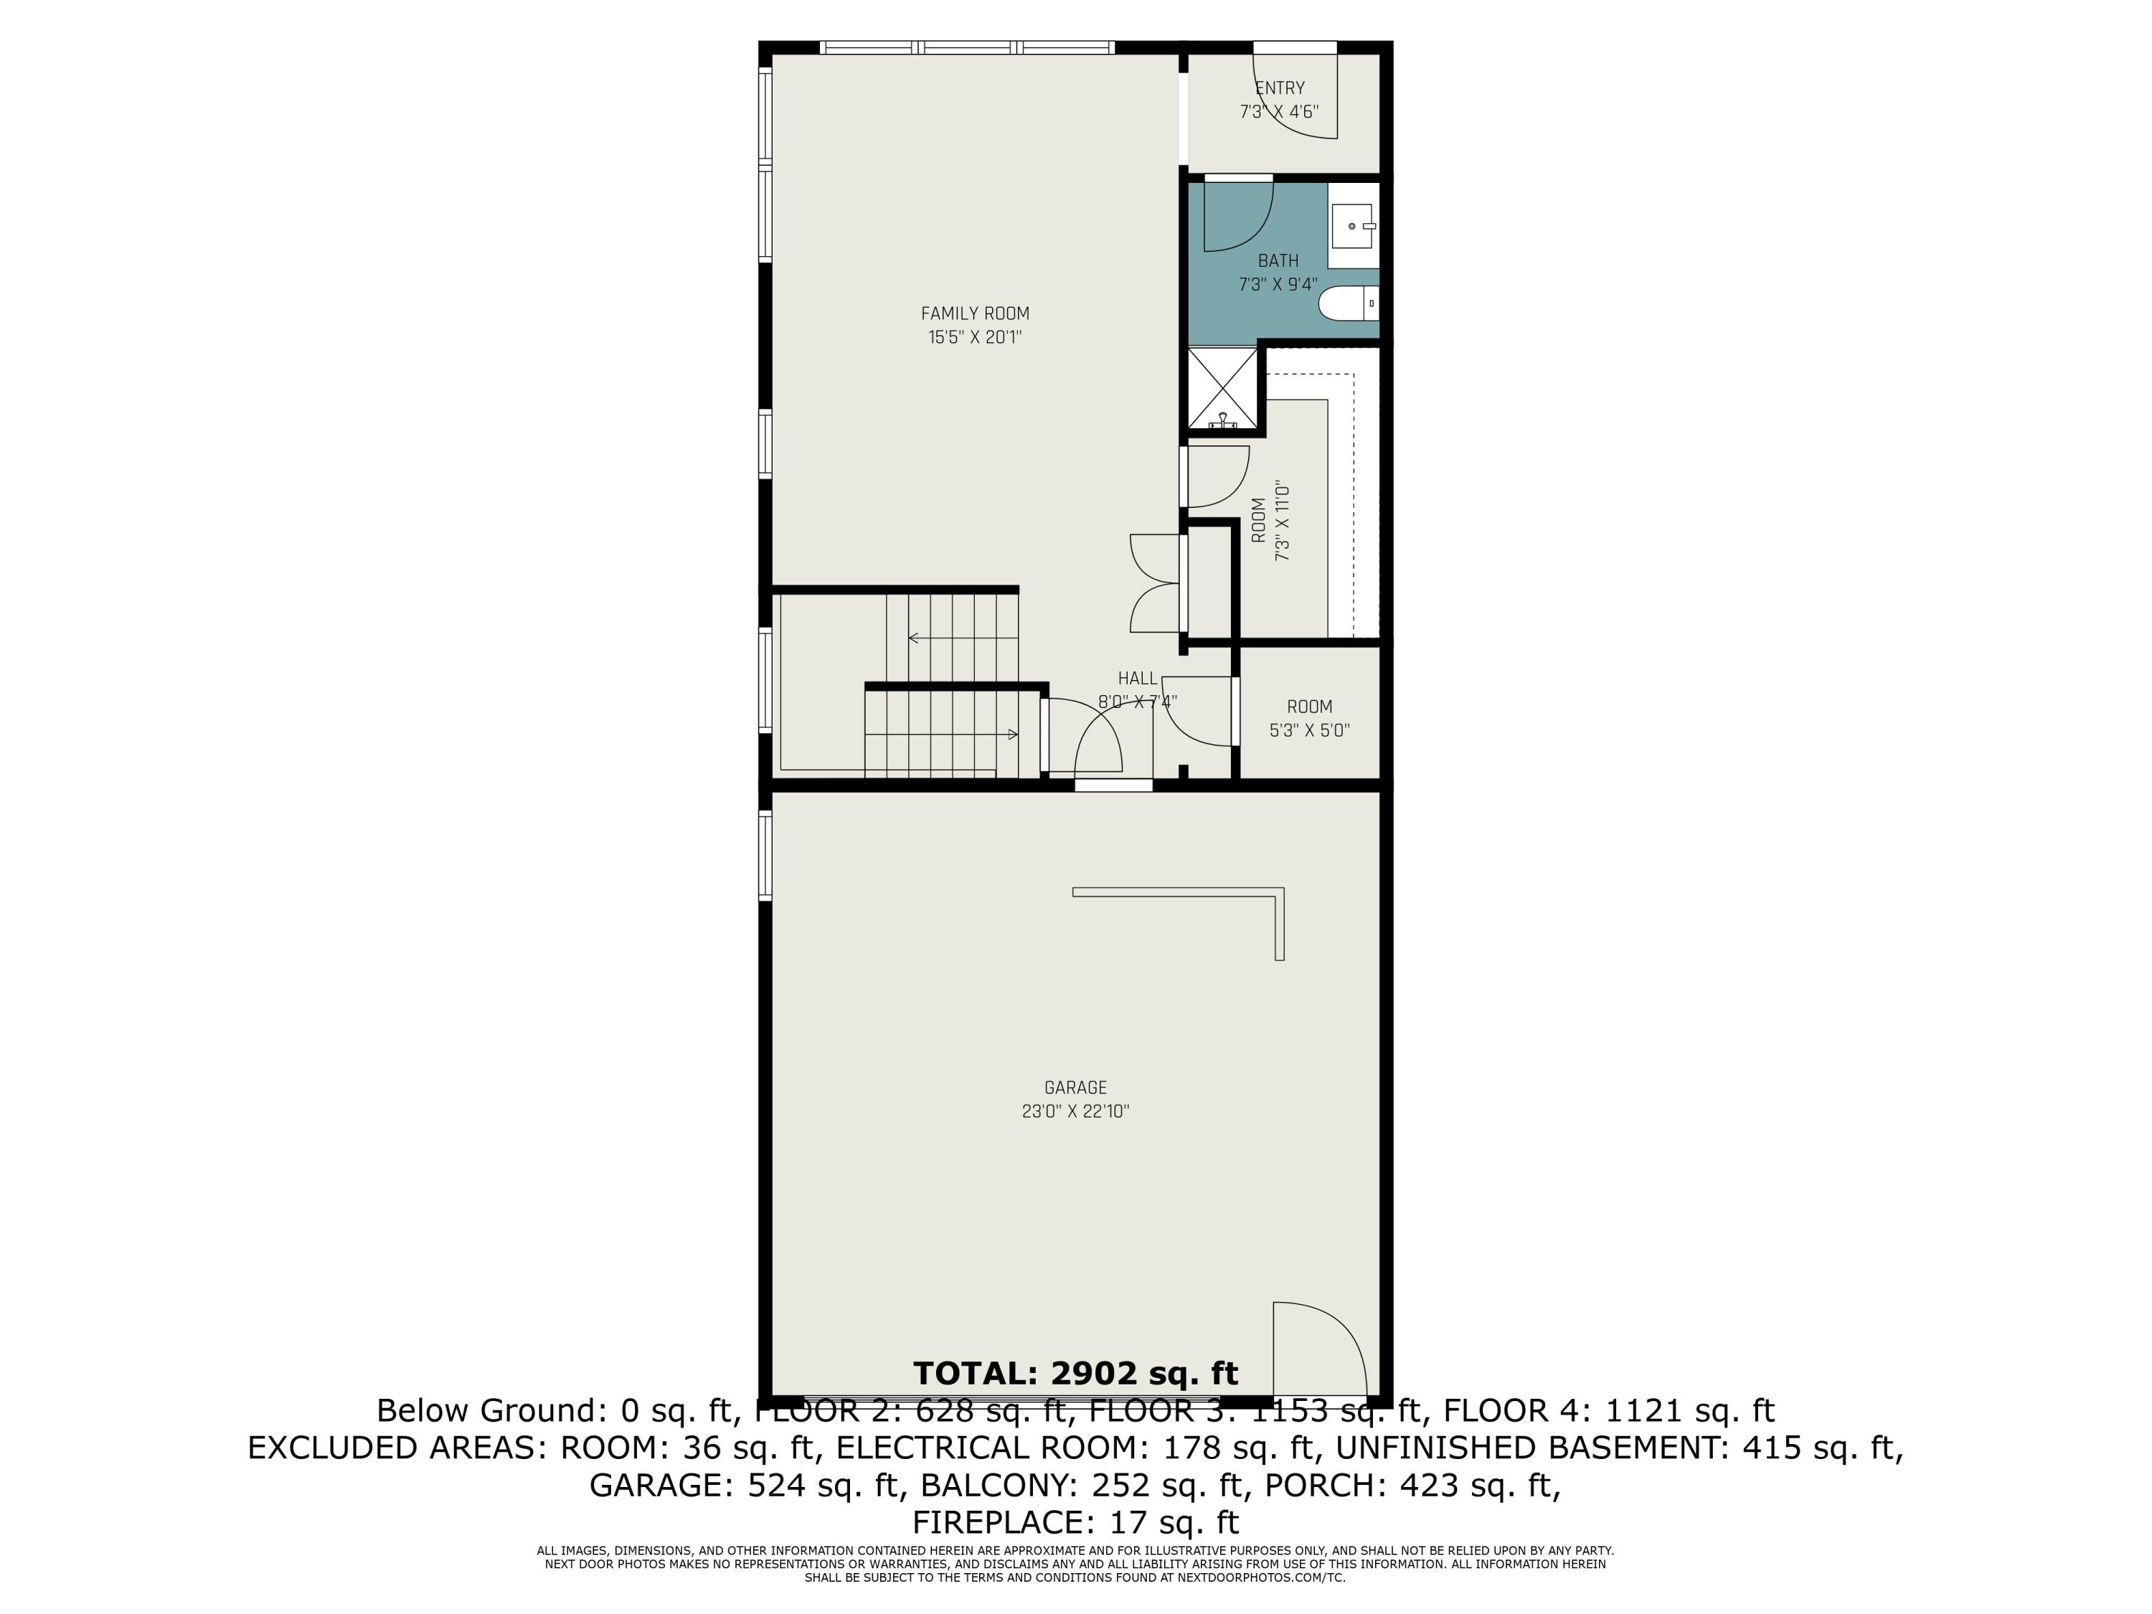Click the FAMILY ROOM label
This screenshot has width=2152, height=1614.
(975, 313)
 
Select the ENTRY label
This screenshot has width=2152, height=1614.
(1279, 88)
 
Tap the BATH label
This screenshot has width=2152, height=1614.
(1278, 260)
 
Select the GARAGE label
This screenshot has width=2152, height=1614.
(1075, 1087)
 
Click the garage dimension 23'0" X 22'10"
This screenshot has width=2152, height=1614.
(1075, 1111)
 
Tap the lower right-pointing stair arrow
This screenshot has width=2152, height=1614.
(1011, 734)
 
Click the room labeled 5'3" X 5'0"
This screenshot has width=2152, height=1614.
(1309, 717)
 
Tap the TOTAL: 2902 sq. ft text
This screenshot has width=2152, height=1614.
(1075, 1373)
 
